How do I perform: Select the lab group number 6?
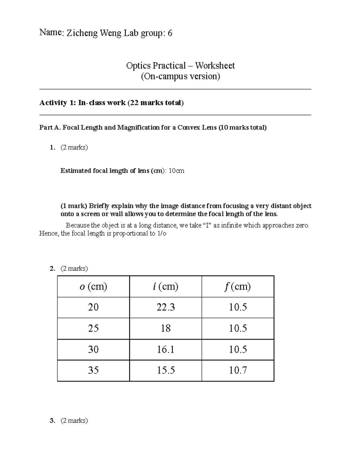[170, 33]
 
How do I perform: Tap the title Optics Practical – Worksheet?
[180, 66]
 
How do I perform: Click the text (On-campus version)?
[180, 77]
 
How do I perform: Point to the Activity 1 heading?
[111, 103]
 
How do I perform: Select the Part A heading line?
[153, 128]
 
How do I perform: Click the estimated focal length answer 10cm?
[176, 171]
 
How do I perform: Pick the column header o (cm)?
[93, 287]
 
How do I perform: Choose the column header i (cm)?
[165, 287]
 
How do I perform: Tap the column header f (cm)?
[237, 287]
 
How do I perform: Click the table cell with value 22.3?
[166, 307]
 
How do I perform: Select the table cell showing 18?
[166, 328]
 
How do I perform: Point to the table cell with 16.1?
[166, 350]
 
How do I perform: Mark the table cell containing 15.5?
[166, 370]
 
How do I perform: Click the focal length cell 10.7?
[238, 370]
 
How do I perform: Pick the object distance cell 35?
[93, 370]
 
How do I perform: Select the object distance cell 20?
[93, 307]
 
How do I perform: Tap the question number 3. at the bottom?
[52, 421]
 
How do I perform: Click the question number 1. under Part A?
[52, 148]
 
